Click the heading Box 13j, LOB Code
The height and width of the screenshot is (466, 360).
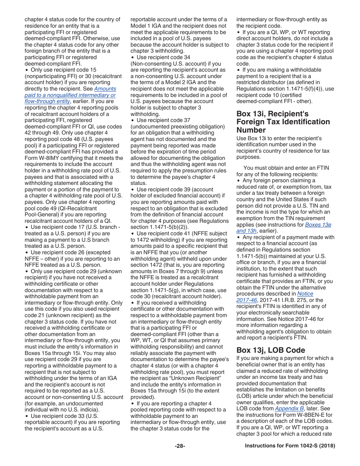click(271, 350)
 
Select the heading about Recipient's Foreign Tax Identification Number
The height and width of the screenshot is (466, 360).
click(283, 122)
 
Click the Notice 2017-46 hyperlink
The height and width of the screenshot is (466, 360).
click(305, 294)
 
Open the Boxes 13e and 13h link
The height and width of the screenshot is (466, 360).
click(318, 225)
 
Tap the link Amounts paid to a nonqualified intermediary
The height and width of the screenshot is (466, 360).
click(70, 95)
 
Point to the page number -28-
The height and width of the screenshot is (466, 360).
click(180, 446)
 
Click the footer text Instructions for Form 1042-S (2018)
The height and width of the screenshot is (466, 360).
click(290, 446)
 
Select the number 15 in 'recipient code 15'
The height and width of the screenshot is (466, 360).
click(93, 70)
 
